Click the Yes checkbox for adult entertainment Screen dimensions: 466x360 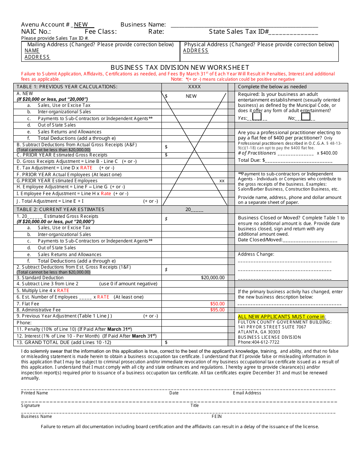click(x=257, y=117)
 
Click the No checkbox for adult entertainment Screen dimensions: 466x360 click(x=305, y=117)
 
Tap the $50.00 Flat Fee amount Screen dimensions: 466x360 click(x=217, y=304)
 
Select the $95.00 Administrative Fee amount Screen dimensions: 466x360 click(x=217, y=310)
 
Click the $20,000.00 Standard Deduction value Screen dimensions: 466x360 click(x=213, y=278)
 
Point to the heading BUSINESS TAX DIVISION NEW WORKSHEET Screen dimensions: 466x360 click(x=180, y=67)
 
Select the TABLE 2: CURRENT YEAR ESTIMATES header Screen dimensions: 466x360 click(x=60, y=210)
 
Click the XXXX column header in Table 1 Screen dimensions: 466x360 click(x=194, y=87)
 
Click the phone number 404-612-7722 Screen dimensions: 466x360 click(x=267, y=342)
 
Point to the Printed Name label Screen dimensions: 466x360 click(x=34, y=393)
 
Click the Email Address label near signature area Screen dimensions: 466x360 click(x=247, y=393)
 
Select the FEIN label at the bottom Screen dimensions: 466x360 click(x=216, y=416)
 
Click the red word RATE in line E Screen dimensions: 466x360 click(x=86, y=168)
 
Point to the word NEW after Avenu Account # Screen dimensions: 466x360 click(x=81, y=25)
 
